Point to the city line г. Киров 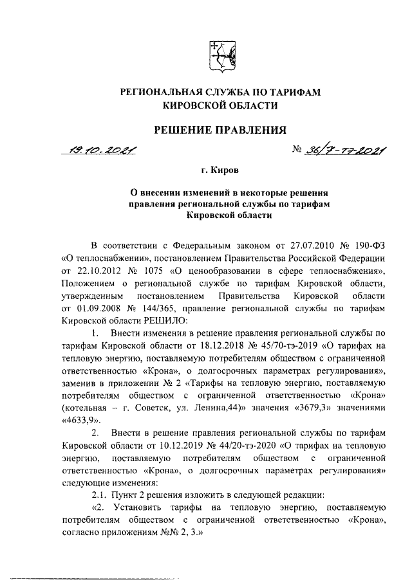point(220,171)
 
